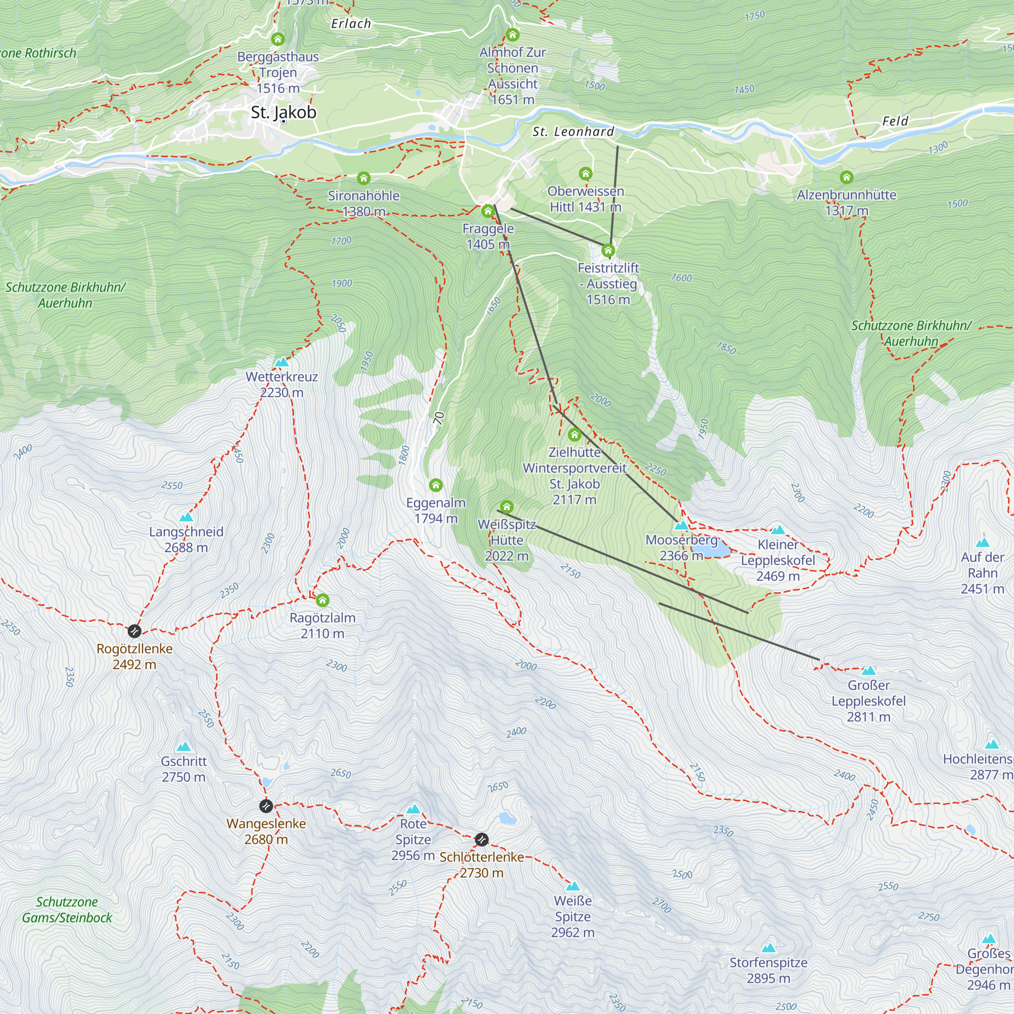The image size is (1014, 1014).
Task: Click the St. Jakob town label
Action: [283, 113]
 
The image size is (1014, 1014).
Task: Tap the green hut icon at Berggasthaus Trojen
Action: [278, 40]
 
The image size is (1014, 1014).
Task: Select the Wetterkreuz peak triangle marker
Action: [282, 361]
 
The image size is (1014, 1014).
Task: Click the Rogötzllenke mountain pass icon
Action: [134, 630]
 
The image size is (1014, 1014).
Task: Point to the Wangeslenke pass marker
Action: [266, 805]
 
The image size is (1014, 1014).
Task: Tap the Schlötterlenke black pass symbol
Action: [481, 840]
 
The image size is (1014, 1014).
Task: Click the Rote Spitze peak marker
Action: [414, 809]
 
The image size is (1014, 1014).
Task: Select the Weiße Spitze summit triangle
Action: [572, 886]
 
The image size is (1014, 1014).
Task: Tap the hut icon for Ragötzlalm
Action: [322, 600]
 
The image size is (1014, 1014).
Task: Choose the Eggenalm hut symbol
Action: [436, 485]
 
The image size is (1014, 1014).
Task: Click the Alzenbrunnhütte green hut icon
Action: [846, 177]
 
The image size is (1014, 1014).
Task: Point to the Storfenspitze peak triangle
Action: [769, 948]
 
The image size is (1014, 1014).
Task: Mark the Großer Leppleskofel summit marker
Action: [868, 670]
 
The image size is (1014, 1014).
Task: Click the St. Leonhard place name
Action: [572, 132]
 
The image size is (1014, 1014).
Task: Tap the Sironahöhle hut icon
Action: [364, 178]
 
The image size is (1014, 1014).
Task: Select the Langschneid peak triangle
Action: [186, 517]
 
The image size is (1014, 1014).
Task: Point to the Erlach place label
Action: [351, 24]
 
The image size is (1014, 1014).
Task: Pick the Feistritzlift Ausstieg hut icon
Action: [608, 250]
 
